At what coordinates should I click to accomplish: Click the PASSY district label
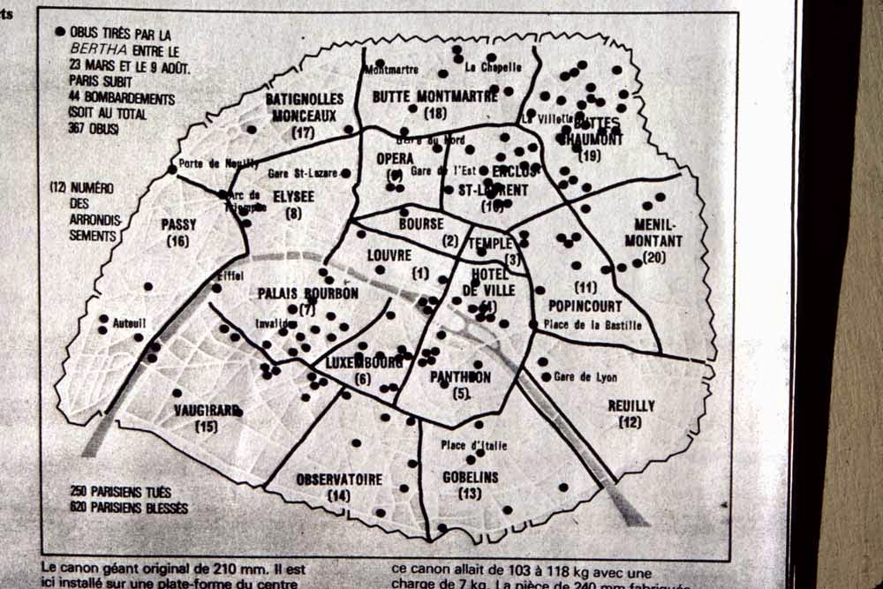click(178, 225)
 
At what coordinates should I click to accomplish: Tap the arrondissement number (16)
click(177, 241)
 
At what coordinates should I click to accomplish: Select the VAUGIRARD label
click(207, 411)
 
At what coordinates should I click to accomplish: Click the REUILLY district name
click(631, 406)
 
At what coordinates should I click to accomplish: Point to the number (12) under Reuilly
click(630, 423)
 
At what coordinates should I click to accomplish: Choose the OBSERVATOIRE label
click(339, 480)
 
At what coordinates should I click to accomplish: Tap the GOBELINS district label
click(470, 477)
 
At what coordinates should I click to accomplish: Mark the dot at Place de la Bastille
click(532, 325)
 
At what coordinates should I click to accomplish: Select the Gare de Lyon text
click(585, 377)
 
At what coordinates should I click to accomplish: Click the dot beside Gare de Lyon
click(546, 377)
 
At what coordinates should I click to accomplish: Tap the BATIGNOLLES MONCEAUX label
click(305, 108)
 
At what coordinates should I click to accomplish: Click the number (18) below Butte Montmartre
click(434, 113)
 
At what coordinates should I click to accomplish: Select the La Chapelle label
click(494, 67)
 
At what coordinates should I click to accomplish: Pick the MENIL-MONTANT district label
click(653, 232)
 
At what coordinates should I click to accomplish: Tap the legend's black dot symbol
click(60, 32)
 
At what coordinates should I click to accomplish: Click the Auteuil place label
click(128, 323)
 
